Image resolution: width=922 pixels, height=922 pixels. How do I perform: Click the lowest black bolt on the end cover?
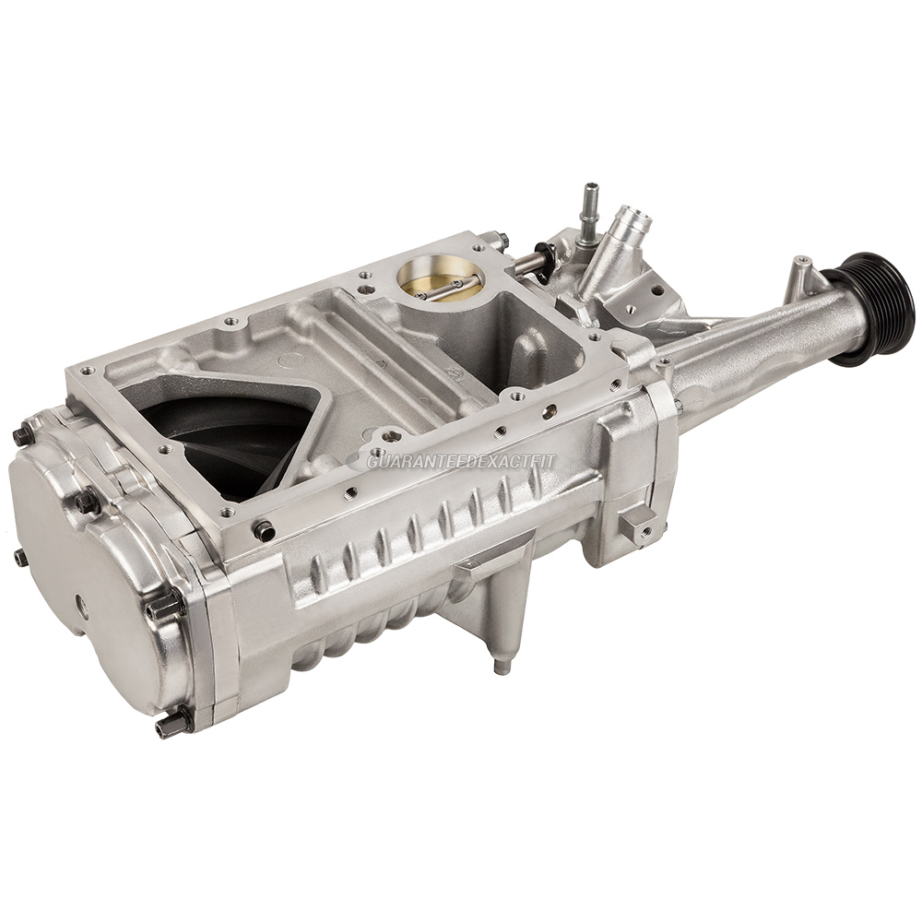tap(171, 724)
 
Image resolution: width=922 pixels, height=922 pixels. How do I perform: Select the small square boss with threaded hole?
tap(635, 526)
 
